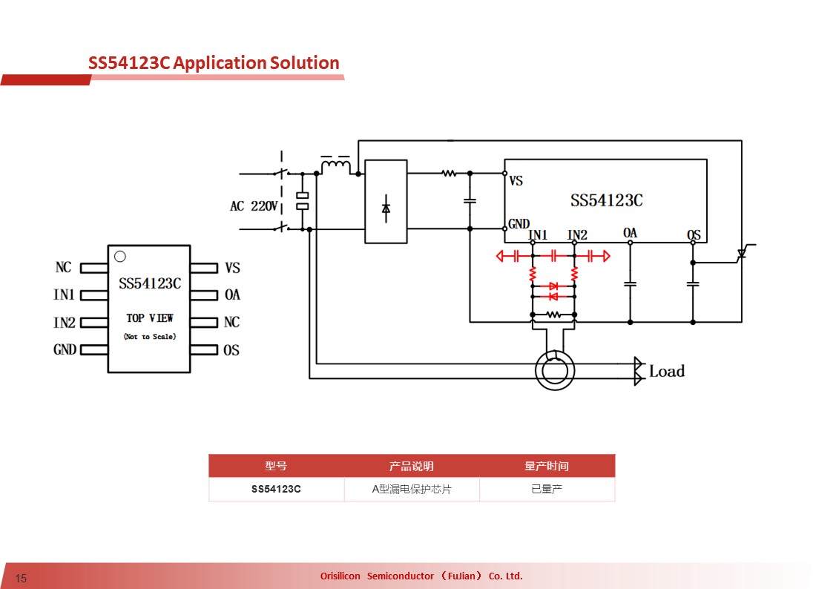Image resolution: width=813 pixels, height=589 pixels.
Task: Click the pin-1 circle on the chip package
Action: (x=119, y=256)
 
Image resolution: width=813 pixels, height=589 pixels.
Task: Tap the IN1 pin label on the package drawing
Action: (x=65, y=294)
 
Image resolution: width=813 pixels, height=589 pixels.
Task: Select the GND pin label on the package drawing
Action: (x=65, y=349)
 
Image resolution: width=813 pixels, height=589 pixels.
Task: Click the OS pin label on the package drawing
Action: (x=231, y=350)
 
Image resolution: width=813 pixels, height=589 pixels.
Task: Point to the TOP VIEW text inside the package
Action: (x=150, y=317)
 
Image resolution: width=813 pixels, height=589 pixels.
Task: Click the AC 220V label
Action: (x=254, y=205)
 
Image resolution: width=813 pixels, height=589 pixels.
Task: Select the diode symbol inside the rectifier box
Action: (x=386, y=208)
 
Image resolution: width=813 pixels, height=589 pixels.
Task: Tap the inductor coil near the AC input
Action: (x=336, y=166)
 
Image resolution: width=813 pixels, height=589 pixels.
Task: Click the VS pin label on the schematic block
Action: (x=516, y=181)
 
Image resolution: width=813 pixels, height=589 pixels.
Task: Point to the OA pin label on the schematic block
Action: (x=630, y=233)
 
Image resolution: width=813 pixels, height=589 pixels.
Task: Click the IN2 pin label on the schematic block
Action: (x=577, y=235)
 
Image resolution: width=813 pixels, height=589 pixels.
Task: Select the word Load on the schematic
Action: (x=667, y=371)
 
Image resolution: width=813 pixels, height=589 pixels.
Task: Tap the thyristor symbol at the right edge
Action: (x=742, y=253)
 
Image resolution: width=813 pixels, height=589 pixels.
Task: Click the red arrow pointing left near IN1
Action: (x=500, y=256)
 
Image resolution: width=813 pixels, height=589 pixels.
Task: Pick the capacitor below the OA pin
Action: (x=630, y=284)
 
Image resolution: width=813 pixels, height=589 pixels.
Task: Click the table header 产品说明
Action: (x=412, y=466)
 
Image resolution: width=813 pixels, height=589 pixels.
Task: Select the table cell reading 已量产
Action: (x=547, y=489)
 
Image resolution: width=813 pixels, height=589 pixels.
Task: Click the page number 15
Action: (x=21, y=578)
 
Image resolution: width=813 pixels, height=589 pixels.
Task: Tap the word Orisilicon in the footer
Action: (x=340, y=576)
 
